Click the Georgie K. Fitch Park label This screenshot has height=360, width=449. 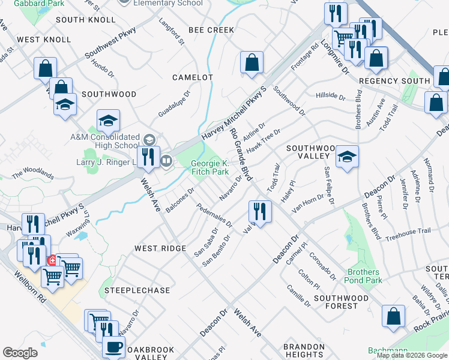(210, 167)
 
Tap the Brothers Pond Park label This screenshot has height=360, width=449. (364, 276)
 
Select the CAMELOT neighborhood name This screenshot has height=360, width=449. (193, 77)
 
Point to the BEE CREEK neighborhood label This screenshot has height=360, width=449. (211, 29)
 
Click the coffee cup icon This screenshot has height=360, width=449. (113, 347)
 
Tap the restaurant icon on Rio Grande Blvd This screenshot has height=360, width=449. (261, 211)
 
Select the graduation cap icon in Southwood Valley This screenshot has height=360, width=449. (347, 157)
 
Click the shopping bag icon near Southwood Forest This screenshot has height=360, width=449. (393, 317)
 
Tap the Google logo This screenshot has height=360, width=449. (20, 353)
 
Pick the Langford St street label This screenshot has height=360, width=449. (172, 34)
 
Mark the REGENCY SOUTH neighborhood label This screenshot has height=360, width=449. (394, 80)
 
